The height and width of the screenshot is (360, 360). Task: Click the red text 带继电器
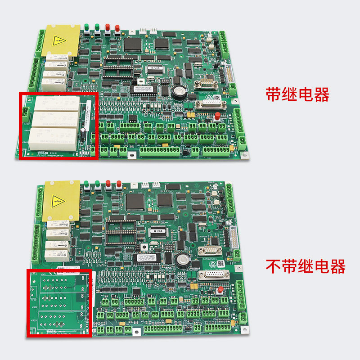[297, 95]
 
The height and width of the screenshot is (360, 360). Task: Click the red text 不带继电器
[306, 266]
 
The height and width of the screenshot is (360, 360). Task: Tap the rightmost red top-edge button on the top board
[117, 28]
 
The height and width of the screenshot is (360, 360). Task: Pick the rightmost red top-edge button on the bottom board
[119, 184]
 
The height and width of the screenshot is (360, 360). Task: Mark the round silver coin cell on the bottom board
[184, 259]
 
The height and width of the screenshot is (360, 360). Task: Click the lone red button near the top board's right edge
[217, 117]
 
